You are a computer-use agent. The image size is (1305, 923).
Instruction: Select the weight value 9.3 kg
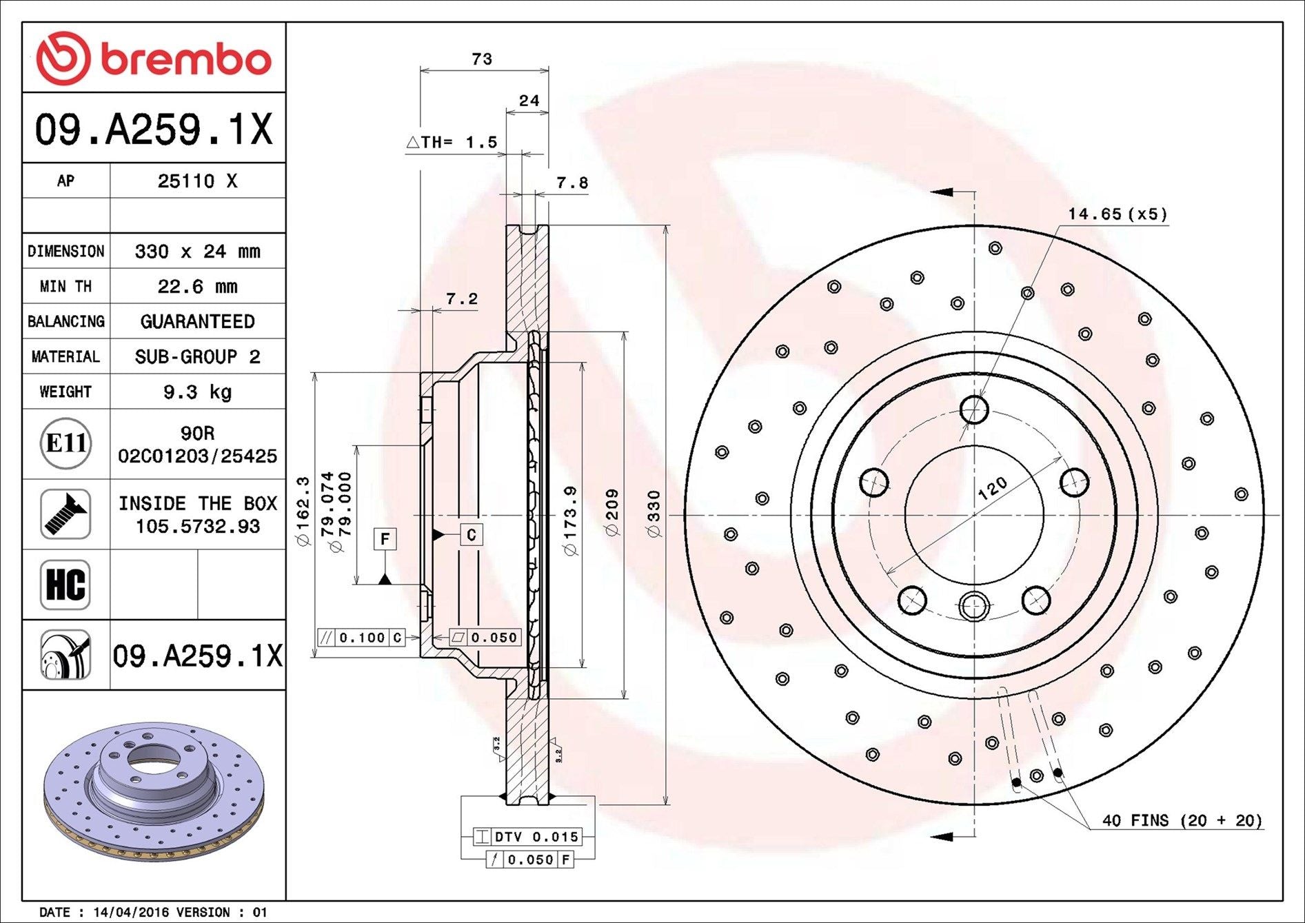(x=198, y=392)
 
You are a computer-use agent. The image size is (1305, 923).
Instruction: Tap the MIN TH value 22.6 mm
(x=198, y=286)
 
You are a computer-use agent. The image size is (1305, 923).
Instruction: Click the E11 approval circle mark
(x=65, y=443)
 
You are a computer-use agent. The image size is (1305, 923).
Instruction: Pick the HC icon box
(x=65, y=585)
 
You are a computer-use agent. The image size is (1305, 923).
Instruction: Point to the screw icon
(x=65, y=514)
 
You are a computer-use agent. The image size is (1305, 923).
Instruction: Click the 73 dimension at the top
(x=482, y=59)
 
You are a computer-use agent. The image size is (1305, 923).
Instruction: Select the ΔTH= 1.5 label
(x=452, y=142)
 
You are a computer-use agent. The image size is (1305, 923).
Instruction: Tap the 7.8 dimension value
(x=572, y=183)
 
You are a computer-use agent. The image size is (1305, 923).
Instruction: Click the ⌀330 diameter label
(x=654, y=514)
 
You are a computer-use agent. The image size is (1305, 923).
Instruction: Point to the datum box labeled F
(x=385, y=538)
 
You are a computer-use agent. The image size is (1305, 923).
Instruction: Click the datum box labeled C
(x=472, y=535)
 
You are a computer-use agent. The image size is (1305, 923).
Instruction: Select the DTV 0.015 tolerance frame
(x=527, y=837)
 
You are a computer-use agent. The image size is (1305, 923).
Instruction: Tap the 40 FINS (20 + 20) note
(x=1182, y=820)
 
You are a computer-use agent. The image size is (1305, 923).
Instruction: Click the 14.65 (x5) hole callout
(x=1118, y=214)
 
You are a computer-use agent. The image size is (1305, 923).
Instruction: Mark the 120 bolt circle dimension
(x=992, y=488)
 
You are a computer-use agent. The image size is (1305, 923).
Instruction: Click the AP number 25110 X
(x=198, y=181)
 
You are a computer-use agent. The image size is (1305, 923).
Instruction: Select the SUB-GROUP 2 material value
(x=198, y=357)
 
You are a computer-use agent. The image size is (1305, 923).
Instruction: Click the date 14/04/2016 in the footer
(x=130, y=912)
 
